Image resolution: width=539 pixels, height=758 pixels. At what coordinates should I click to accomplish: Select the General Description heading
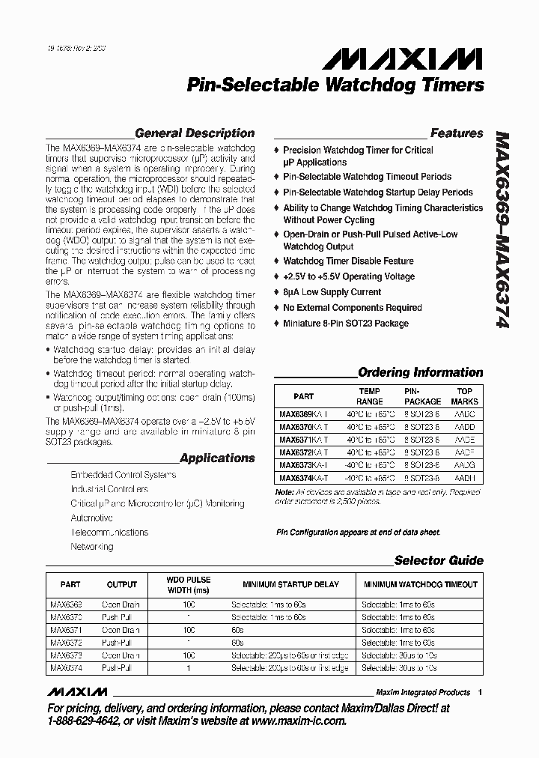coord(195,133)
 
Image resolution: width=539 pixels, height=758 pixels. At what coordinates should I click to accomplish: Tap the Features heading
coord(457,133)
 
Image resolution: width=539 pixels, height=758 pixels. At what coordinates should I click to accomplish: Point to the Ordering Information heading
coord(421,372)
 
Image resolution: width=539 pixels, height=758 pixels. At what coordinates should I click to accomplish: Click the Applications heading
coord(218,458)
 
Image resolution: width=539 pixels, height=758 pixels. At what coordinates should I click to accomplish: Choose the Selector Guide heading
coord(439,560)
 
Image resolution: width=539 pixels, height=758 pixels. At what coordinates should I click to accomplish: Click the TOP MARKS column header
coord(465,395)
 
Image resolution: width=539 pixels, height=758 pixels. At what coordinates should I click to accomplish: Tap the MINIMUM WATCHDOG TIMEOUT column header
coord(420,584)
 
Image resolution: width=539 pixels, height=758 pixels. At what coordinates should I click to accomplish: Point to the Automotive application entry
coord(91,518)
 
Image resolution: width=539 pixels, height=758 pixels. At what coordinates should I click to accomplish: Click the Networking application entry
coord(91,547)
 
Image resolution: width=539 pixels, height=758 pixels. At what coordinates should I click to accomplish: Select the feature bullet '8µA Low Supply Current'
coord(332,292)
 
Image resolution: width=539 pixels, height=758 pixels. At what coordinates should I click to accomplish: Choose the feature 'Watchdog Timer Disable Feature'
coord(348,261)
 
